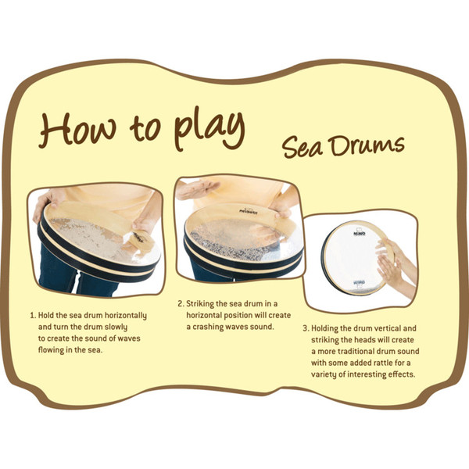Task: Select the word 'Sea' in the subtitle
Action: (302, 146)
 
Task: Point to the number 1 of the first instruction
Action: (32, 315)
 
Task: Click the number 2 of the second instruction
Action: (179, 303)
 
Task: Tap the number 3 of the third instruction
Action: (305, 328)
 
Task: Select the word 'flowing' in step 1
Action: (55, 350)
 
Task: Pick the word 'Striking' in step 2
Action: (205, 303)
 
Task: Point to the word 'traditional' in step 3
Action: (351, 352)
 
